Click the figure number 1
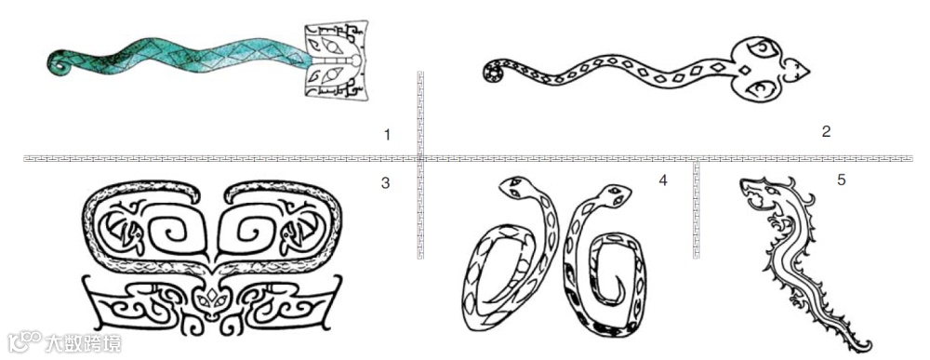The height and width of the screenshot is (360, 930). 387,135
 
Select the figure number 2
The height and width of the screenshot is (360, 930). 826,132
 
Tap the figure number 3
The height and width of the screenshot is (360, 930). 386,183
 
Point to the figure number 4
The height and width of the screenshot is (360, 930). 663,180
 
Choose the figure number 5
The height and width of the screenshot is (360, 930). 841,180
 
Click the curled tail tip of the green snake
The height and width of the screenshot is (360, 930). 58,63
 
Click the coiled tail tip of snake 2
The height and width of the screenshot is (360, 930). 492,73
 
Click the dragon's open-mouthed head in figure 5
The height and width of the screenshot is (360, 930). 759,194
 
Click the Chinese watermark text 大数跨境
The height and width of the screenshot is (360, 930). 83,343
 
